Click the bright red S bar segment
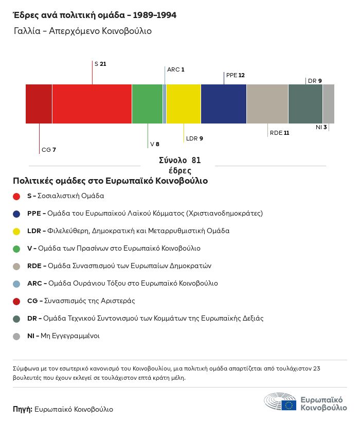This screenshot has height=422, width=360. click(x=92, y=103)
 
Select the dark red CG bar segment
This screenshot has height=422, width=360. click(x=39, y=103)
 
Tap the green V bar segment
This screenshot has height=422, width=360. click(x=147, y=103)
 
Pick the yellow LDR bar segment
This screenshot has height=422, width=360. click(x=184, y=103)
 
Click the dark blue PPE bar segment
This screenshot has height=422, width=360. click(x=224, y=103)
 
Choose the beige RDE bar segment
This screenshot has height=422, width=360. click(x=267, y=103)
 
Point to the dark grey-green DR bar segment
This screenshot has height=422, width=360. click(x=305, y=103)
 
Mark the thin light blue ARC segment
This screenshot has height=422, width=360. click(x=165, y=103)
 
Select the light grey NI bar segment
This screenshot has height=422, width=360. click(x=329, y=103)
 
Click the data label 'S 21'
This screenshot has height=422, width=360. click(x=100, y=64)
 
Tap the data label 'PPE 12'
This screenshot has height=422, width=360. click(x=235, y=75)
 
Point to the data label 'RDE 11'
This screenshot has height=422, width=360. click(x=279, y=133)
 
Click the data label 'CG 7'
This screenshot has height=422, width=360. click(x=49, y=150)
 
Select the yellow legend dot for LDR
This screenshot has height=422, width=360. click(x=16, y=231)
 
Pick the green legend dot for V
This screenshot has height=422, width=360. click(x=16, y=249)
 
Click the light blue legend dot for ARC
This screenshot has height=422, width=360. click(x=16, y=284)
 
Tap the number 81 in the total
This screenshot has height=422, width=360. click(x=195, y=160)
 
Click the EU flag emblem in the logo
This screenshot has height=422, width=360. click(x=289, y=405)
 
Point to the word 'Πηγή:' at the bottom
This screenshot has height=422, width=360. click(x=23, y=410)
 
